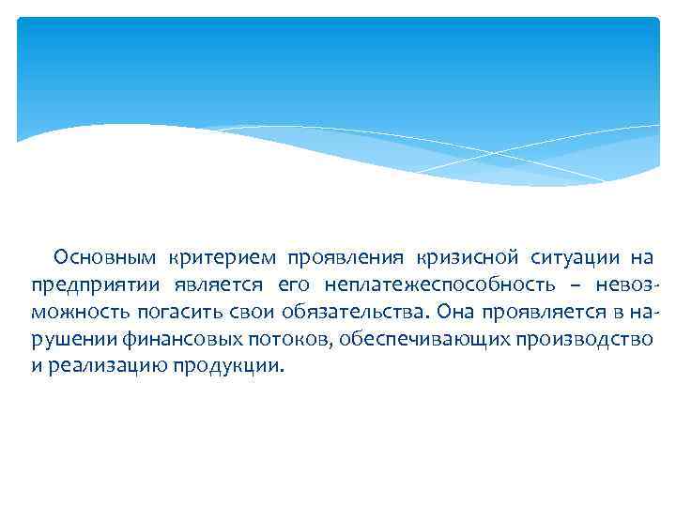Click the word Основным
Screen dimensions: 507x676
(x=105, y=257)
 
